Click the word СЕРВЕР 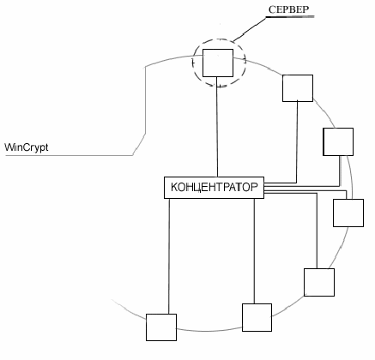click(x=289, y=9)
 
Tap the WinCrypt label click(x=27, y=147)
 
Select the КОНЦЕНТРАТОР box click(x=214, y=188)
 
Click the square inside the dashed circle click(x=218, y=63)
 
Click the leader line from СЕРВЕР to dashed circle click(x=250, y=29)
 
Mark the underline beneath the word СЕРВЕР click(x=290, y=17)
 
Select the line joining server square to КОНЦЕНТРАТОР click(x=217, y=127)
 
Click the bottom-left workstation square click(x=161, y=327)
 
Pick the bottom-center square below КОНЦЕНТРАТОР click(x=257, y=317)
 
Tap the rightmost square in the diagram click(x=348, y=213)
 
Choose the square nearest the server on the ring click(x=298, y=88)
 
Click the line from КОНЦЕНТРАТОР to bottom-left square click(x=169, y=256)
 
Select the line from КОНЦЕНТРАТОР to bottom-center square click(x=254, y=251)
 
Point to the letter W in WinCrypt click(x=9, y=147)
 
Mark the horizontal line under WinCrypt click(x=69, y=155)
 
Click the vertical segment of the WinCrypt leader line click(x=145, y=100)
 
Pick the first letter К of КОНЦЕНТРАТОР click(x=174, y=188)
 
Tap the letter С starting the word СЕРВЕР click(x=272, y=9)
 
